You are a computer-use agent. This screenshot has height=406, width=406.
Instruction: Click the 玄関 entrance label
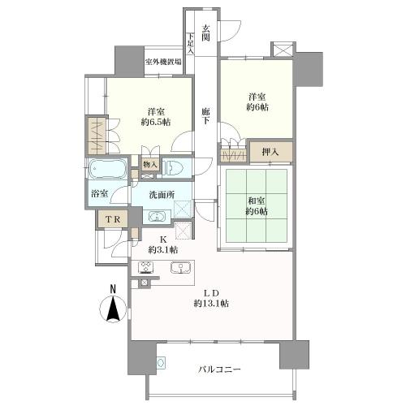206,32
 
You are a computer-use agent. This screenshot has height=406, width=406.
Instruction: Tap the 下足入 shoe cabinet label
191,43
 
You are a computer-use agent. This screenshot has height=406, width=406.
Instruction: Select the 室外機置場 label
163,62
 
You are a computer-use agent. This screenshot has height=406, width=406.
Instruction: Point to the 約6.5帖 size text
156,122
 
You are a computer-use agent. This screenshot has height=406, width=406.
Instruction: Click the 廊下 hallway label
205,116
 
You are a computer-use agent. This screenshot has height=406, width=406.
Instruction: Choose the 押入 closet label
270,152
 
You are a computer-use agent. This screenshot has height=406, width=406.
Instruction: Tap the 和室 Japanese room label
257,201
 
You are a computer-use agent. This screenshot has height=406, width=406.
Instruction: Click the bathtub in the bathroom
108,169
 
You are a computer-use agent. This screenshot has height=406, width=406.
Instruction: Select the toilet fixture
173,167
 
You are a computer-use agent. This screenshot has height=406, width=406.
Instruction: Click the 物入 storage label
150,164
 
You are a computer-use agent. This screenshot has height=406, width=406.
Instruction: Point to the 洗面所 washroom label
162,195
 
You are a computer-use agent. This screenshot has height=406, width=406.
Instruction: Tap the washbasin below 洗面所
157,217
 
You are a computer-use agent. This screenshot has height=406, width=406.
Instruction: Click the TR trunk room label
113,219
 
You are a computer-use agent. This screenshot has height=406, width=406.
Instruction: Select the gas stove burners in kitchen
146,267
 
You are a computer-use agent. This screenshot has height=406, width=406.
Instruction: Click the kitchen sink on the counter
180,267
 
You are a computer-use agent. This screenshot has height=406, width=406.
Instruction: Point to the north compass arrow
114,309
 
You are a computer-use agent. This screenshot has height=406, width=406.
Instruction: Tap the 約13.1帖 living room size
211,304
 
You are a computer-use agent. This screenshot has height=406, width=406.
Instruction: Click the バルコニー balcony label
219,369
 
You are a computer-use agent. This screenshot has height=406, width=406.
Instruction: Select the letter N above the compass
113,289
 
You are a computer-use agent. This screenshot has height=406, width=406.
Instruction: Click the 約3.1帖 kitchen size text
163,249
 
